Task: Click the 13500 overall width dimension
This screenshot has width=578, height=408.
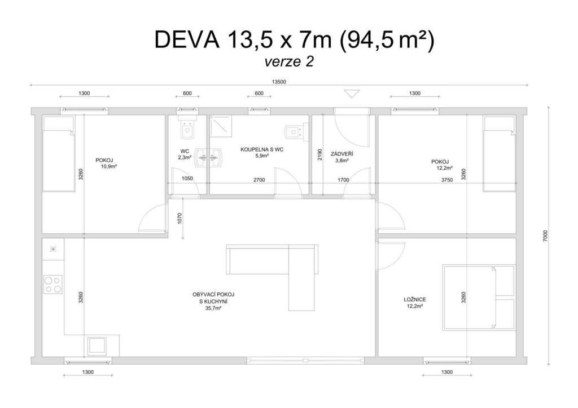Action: click(279, 82)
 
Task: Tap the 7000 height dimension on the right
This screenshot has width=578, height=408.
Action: click(546, 236)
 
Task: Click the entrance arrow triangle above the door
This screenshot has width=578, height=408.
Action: click(352, 94)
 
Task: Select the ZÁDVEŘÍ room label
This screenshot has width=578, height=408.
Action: click(341, 154)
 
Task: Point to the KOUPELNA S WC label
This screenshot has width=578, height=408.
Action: click(262, 149)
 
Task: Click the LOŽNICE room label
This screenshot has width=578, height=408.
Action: click(415, 300)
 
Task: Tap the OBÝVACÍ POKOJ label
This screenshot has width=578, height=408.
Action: click(213, 295)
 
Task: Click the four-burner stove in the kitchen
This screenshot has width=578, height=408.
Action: click(52, 284)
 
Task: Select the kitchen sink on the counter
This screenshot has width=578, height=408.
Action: click(97, 345)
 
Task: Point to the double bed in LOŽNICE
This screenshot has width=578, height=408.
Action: click(479, 297)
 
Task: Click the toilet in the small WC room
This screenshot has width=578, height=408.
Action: click(187, 128)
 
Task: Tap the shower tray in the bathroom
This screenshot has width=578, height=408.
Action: click(221, 126)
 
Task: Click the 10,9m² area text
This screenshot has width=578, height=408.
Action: click(109, 166)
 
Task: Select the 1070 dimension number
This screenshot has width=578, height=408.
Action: click(179, 219)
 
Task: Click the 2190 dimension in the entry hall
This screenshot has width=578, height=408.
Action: click(319, 154)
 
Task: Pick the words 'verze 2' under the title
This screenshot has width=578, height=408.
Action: click(289, 62)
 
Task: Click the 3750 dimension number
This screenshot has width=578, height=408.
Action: click(447, 180)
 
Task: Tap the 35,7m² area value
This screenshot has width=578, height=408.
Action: click(213, 308)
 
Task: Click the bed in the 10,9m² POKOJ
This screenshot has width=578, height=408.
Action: click(59, 154)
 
